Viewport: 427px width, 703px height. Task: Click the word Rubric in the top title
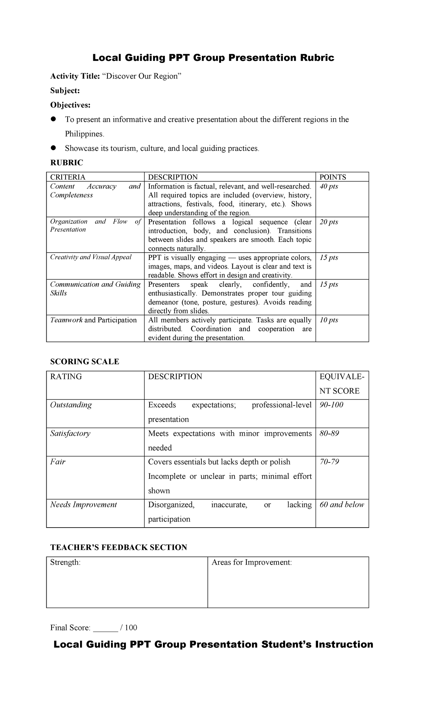[x=315, y=58]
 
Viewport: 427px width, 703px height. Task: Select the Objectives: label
[x=70, y=105]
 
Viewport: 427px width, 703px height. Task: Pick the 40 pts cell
[x=328, y=186]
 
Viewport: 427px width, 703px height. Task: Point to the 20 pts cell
[x=328, y=222]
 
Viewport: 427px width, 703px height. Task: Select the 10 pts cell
[x=328, y=320]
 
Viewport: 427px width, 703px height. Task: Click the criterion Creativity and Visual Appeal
[x=91, y=257]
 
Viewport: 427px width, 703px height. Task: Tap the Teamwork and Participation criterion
[x=93, y=320]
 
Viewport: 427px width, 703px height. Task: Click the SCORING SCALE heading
[x=84, y=361]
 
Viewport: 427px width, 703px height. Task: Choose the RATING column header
[x=66, y=376]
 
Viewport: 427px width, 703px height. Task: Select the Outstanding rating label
[x=71, y=405]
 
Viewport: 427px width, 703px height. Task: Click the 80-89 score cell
[x=329, y=433]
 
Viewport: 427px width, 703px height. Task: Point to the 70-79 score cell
[x=329, y=462]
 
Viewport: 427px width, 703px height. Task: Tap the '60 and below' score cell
[x=342, y=504]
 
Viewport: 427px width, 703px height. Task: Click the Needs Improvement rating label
[x=83, y=504]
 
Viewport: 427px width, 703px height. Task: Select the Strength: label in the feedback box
[x=65, y=562]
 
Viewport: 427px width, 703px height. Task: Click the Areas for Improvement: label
[x=252, y=562]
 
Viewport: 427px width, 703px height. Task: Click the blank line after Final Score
[x=105, y=628]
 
